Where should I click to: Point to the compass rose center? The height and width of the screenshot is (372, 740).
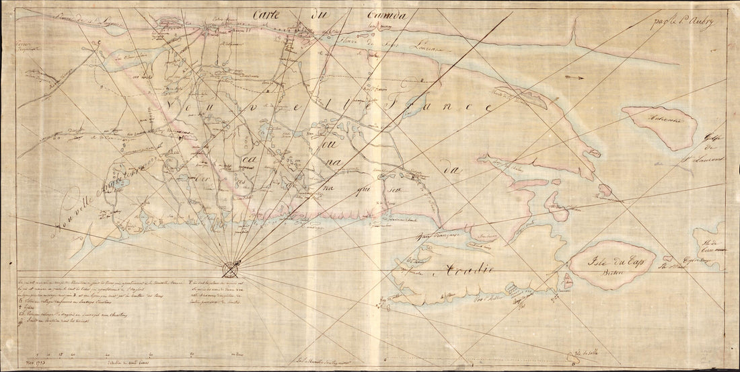click(231, 267)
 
